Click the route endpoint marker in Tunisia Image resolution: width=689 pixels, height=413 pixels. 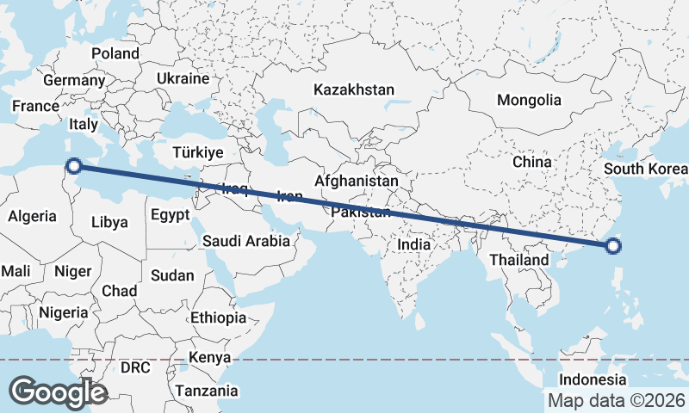click(x=74, y=165)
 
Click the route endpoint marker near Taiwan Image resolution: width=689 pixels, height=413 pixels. click(x=613, y=247)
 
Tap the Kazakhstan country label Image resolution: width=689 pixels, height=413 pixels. click(x=354, y=89)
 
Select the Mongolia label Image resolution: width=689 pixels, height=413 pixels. click(x=529, y=100)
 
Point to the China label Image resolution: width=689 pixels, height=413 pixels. click(x=531, y=161)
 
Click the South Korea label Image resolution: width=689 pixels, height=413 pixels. click(x=646, y=168)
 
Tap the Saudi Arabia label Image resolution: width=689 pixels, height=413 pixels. click(x=246, y=242)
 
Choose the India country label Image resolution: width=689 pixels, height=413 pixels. click(x=413, y=244)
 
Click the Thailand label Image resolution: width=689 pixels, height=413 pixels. click(x=518, y=260)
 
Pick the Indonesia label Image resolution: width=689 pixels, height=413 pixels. click(x=593, y=379)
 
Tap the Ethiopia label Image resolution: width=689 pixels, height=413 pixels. click(x=219, y=317)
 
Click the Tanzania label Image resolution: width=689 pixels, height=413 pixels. click(x=207, y=391)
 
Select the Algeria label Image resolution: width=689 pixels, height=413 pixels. click(x=33, y=216)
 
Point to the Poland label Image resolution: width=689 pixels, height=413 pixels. click(x=115, y=53)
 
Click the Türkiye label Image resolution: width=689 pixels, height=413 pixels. click(x=198, y=152)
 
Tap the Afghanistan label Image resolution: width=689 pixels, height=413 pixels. click(x=357, y=182)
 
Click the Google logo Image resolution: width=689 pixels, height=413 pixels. click(x=58, y=391)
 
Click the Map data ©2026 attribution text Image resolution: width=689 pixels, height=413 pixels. click(x=617, y=400)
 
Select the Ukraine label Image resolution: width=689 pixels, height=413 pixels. click(x=183, y=78)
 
